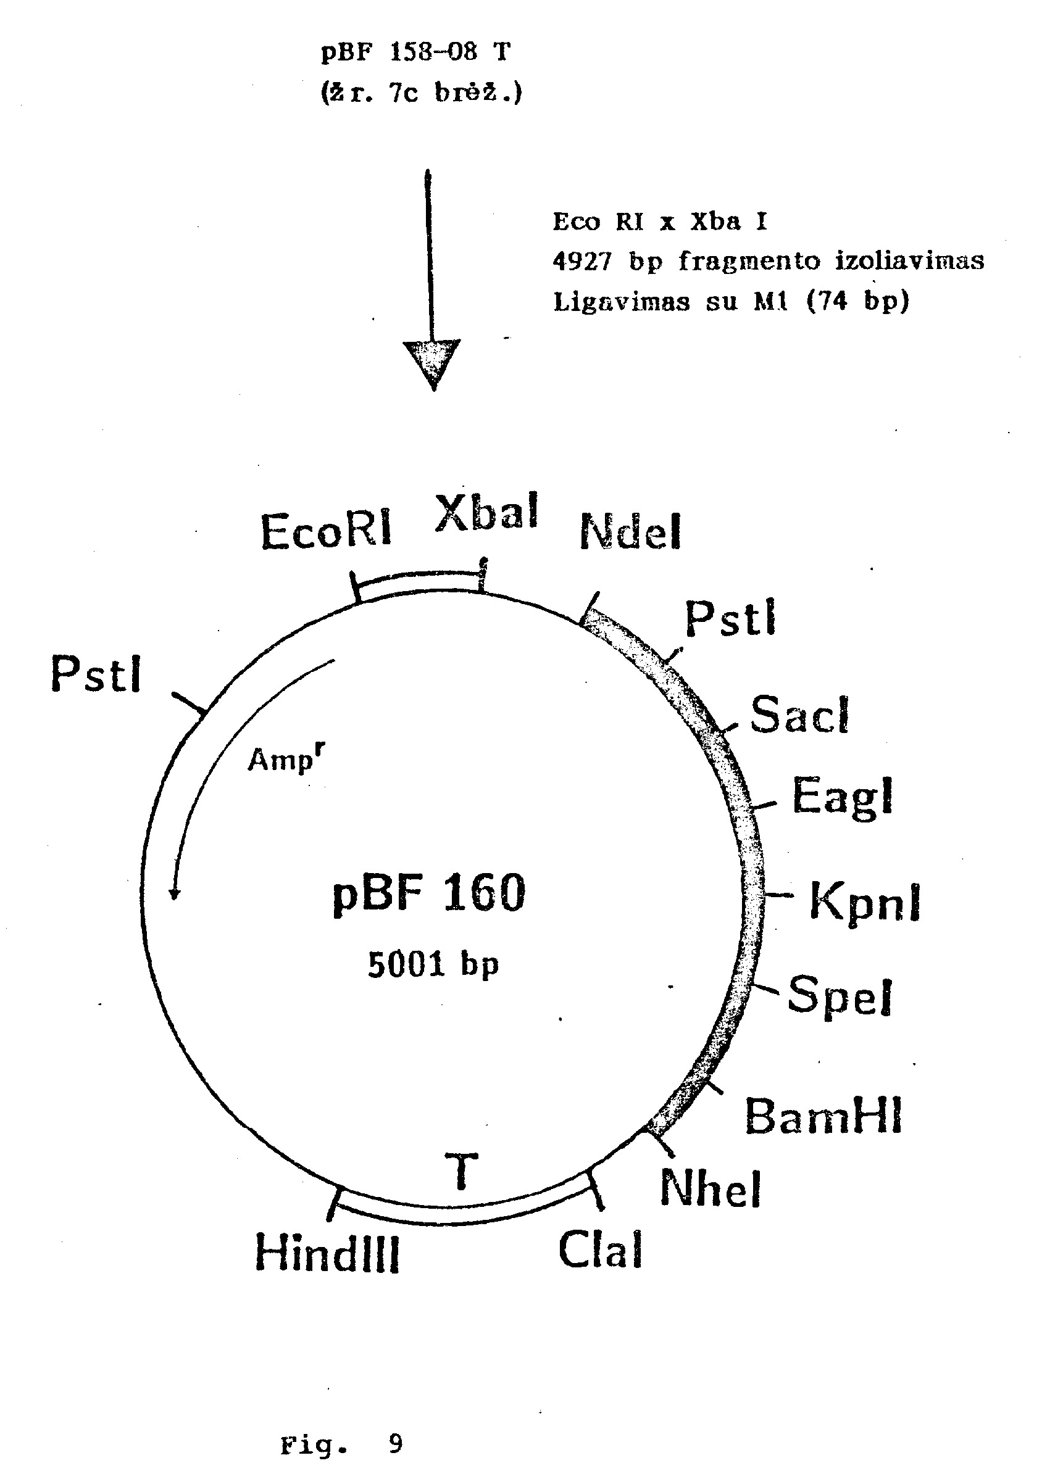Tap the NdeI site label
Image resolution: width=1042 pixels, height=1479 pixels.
point(630,532)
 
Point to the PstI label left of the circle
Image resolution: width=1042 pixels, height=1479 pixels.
point(96,674)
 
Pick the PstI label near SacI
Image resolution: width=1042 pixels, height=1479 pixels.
point(730,618)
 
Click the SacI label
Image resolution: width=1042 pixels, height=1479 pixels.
point(799,715)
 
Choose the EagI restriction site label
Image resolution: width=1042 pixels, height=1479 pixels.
point(842,797)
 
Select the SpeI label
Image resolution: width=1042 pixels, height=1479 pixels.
point(840,996)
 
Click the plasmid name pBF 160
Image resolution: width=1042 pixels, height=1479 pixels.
point(429,894)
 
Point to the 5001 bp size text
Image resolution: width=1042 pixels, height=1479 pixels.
point(433,964)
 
